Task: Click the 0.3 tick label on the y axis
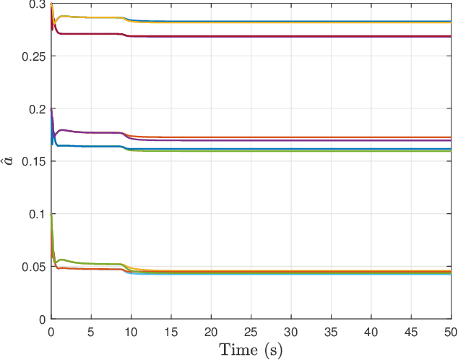coord(35,6)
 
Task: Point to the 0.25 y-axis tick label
coord(33,56)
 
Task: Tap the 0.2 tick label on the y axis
coord(35,109)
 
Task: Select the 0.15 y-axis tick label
coord(33,162)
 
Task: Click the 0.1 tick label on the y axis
coord(35,215)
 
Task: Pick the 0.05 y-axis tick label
coord(33,267)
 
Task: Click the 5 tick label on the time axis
coord(90,331)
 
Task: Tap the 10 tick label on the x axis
coord(131,331)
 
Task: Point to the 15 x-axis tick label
coord(170,331)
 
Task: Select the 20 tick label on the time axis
coord(211,331)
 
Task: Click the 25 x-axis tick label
coord(251,331)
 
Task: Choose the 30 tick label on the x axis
coord(291,331)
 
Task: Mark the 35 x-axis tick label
coord(331,331)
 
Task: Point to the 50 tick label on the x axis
coord(449,331)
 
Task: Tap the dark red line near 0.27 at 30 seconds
coord(291,36)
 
